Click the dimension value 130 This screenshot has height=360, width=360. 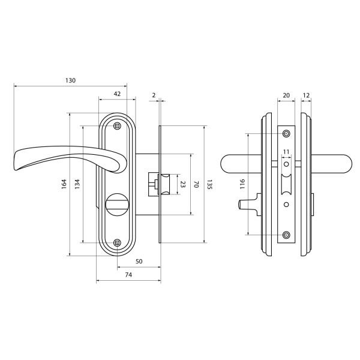70,80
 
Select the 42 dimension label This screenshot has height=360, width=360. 117,94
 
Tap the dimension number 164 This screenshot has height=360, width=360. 64,184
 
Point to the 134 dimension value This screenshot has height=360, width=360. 77,184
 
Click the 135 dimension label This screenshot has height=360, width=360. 209,184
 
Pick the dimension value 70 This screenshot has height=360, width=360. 196,184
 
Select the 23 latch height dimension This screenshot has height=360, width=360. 182,184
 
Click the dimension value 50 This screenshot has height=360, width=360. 139,262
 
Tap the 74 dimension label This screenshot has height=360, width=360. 128,275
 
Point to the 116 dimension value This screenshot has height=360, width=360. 242,184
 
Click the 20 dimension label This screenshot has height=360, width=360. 286,95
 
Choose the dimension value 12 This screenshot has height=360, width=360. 306,95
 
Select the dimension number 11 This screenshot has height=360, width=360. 286,152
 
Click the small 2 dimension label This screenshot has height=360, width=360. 154,95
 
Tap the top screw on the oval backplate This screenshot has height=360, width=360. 118,126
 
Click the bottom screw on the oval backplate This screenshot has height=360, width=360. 118,242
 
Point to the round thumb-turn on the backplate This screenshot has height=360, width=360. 118,205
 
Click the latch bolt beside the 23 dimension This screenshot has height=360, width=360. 164,184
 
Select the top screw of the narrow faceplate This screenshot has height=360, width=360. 286,133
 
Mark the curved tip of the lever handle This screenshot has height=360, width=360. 16,161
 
